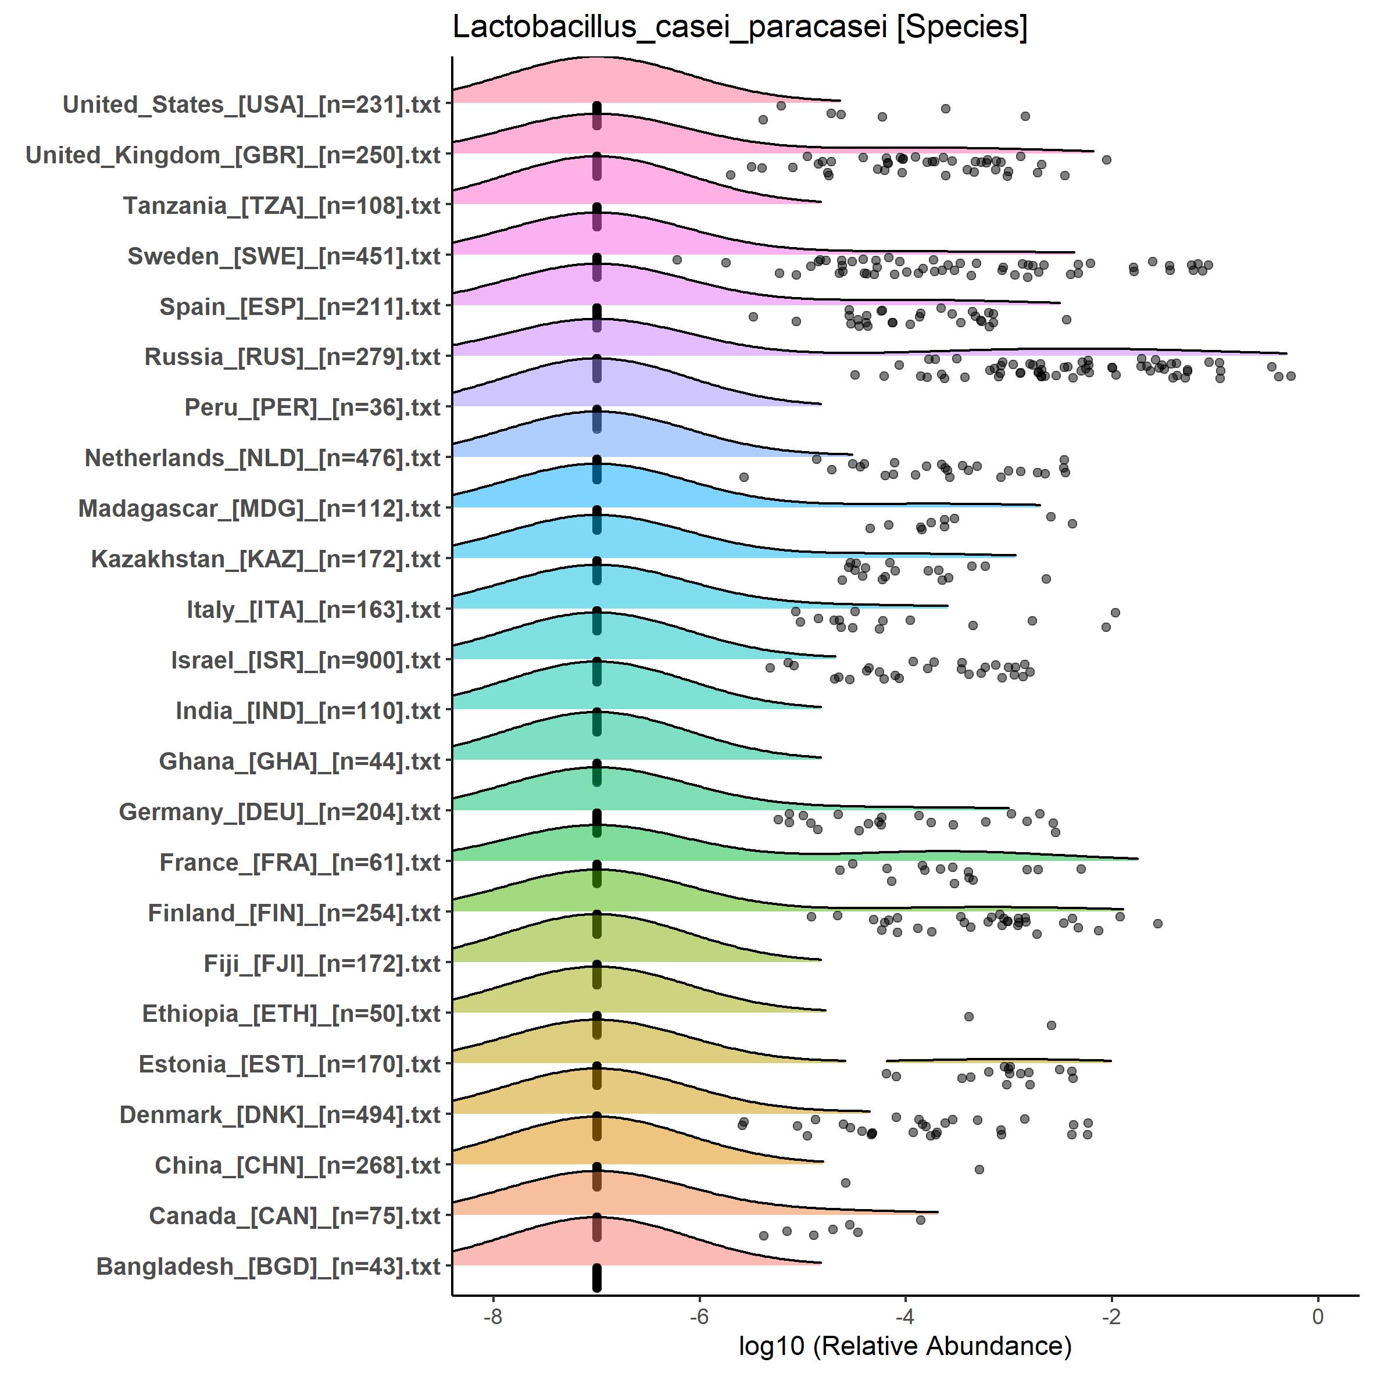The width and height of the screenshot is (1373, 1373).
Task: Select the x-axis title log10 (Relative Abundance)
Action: tap(904, 1345)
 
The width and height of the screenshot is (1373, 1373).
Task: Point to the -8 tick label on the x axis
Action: tap(492, 1316)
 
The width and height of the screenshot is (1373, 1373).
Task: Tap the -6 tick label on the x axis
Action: tap(699, 1316)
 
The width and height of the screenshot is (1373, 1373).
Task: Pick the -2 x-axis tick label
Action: tap(1111, 1316)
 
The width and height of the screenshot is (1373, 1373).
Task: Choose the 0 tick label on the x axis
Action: tap(1318, 1316)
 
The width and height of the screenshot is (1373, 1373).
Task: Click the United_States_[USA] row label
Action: tap(252, 105)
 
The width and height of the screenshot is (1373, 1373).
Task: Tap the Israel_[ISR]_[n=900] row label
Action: tap(306, 660)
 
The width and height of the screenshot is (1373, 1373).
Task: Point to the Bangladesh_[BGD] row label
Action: tap(269, 1267)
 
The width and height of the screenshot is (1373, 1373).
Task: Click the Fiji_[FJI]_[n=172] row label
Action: tap(322, 964)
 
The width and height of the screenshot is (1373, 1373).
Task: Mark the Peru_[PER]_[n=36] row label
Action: tap(313, 408)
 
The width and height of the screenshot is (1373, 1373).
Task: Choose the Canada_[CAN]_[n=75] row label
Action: tap(295, 1216)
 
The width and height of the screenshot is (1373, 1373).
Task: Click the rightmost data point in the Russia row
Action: tap(1290, 376)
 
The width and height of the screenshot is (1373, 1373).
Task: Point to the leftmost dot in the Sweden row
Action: tap(677, 260)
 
